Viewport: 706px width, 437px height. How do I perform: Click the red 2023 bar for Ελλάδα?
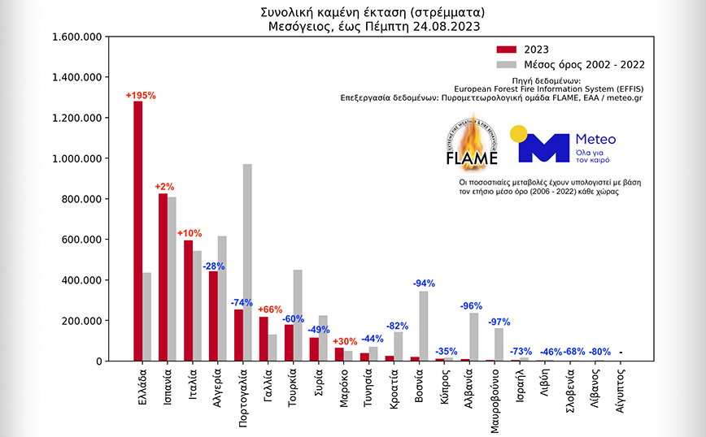click(138, 231)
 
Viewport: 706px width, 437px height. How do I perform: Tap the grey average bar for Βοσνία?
click(423, 326)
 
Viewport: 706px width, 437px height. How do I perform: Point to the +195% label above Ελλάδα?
click(140, 96)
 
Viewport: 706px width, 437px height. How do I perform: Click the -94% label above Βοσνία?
click(423, 283)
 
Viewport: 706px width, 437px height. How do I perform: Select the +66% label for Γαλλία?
click(270, 309)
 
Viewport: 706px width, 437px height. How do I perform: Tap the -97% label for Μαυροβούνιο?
click(499, 322)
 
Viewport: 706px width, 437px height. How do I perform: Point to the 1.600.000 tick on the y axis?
click(75, 37)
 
